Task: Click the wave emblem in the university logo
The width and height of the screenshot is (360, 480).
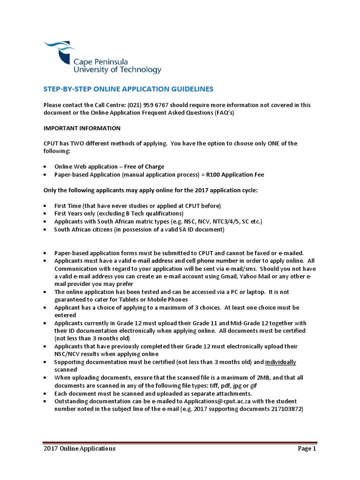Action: (61, 49)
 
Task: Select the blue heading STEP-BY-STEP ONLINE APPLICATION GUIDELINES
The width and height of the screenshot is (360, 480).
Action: (128, 89)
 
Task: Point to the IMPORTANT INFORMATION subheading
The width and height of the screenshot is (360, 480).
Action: (82, 128)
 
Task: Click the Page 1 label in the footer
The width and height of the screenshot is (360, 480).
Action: (307, 449)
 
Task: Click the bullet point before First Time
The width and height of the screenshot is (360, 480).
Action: (45, 206)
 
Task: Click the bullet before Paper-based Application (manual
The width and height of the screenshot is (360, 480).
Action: (45, 175)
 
